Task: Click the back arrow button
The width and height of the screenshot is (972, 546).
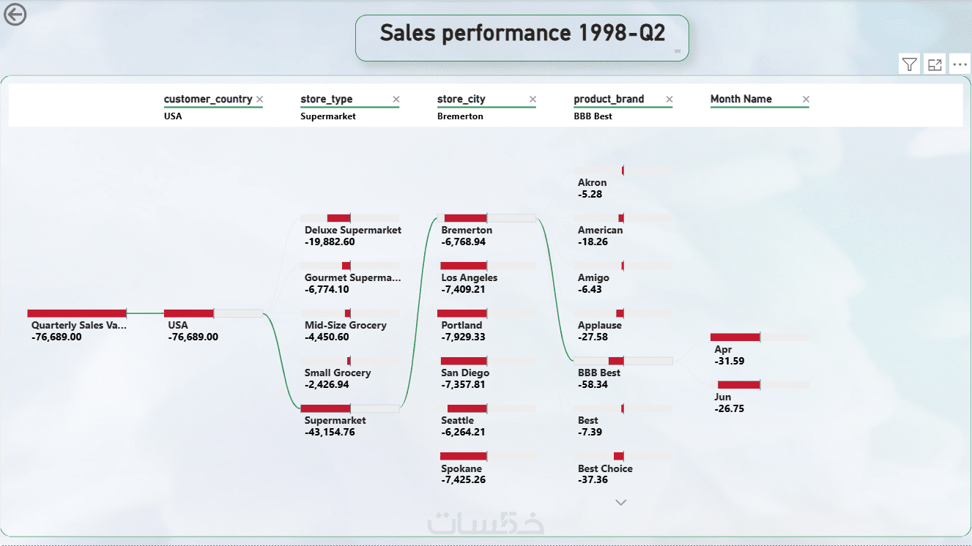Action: coord(15,14)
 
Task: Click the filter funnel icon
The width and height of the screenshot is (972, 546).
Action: coord(909,64)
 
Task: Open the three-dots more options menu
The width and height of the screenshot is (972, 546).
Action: coord(960,64)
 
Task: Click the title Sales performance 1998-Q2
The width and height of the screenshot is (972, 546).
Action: coord(522,33)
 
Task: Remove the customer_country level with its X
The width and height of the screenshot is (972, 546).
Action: coord(259,100)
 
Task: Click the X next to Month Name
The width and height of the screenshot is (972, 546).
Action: coord(806,100)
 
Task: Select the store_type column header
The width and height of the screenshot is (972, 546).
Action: coord(327,100)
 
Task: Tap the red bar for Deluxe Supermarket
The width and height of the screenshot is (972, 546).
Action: coord(338,218)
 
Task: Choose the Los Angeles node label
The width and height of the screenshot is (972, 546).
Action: coord(469,278)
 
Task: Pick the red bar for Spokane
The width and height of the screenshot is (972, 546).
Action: coord(464,456)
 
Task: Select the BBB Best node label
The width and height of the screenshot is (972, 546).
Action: coord(598,373)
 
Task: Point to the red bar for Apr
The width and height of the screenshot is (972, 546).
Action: coord(735,337)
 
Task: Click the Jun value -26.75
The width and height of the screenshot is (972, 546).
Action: coord(729,409)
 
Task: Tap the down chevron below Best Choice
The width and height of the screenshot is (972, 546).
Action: coord(621,502)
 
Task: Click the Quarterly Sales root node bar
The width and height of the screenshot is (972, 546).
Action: coord(77,313)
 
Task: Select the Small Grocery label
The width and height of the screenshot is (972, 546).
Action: coord(338,373)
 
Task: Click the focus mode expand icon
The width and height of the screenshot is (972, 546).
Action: coord(935,64)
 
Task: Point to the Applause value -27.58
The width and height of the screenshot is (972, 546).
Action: coord(593,337)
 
